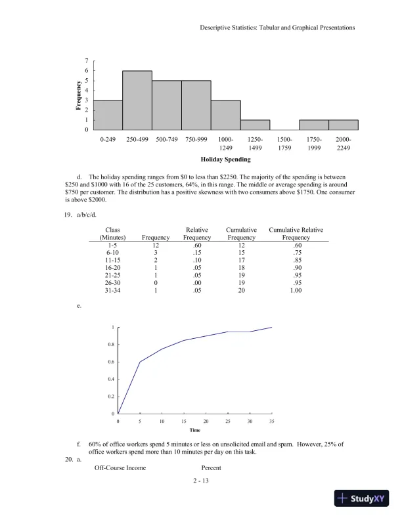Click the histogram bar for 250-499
point(137,100)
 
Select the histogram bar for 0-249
point(108,115)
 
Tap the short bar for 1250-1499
point(255,125)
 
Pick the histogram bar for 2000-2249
point(344,125)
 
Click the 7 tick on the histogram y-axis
point(86,61)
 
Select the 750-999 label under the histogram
point(196,140)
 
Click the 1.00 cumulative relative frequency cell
point(296,290)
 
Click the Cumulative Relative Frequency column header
point(296,234)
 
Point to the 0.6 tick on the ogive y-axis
point(111,362)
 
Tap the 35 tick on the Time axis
point(271,420)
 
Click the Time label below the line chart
point(195,430)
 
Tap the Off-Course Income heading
point(120,467)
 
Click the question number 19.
point(68,213)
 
